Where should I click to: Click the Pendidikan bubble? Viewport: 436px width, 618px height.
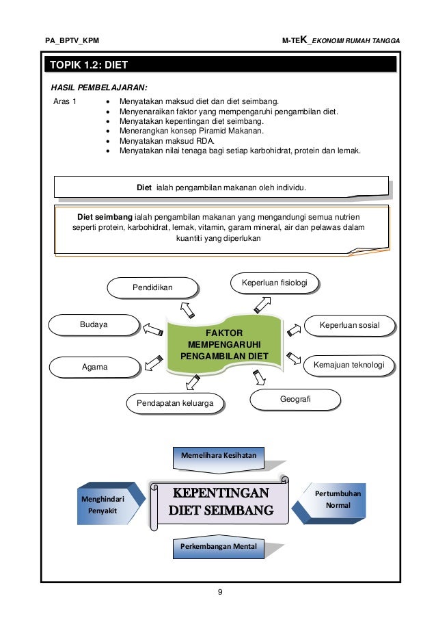click(152, 288)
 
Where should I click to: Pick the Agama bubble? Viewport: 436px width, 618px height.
click(94, 368)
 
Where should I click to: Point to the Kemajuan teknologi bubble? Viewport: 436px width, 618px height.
click(349, 365)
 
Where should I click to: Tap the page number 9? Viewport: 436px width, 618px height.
click(219, 592)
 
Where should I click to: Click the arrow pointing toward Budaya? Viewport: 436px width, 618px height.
click(150, 329)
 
